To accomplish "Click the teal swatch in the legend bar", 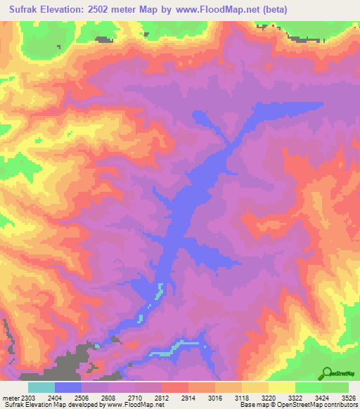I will pyautogui.click(x=41, y=388).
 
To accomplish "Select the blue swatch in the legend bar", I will pyautogui.click(x=68, y=388).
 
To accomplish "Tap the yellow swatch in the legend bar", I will pyautogui.click(x=282, y=388).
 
